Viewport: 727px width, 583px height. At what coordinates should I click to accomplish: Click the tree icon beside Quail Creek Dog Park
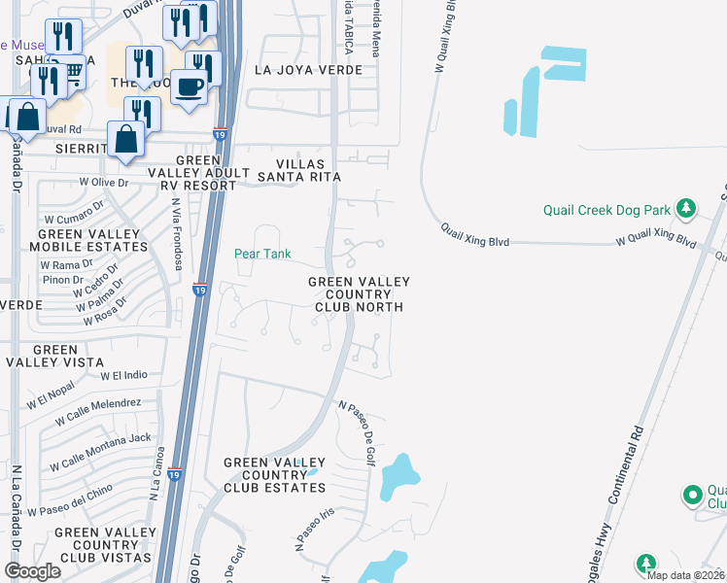pyautogui.click(x=685, y=208)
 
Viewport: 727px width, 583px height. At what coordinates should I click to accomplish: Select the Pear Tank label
pyautogui.click(x=262, y=254)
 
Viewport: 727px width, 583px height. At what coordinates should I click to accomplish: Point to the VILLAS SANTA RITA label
pyautogui.click(x=298, y=170)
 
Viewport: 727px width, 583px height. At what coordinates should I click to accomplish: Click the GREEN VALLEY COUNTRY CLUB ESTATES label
pyautogui.click(x=275, y=474)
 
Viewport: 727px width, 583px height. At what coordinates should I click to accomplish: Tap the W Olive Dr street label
pyautogui.click(x=104, y=182)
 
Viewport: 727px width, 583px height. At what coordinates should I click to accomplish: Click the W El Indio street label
pyautogui.click(x=123, y=374)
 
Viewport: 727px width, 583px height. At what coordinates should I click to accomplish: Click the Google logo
pyautogui.click(x=32, y=570)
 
